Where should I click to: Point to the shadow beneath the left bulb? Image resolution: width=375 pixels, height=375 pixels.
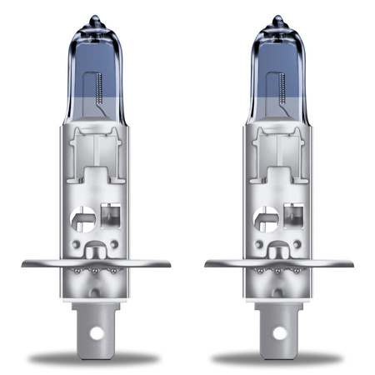[x=96, y=358]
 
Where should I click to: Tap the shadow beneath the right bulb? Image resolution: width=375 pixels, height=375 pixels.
[x=279, y=358]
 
